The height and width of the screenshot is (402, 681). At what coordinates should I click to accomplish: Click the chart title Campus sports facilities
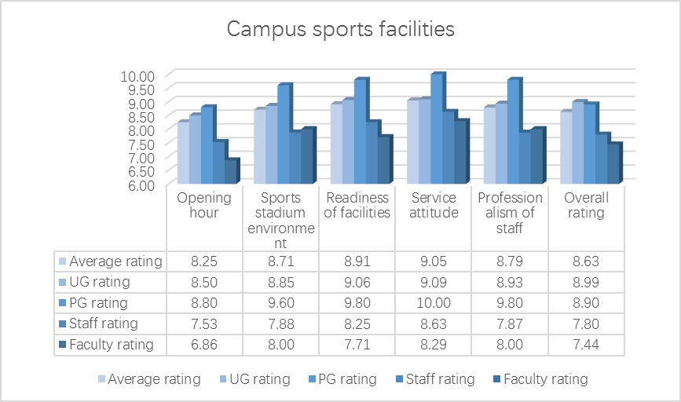[340, 29]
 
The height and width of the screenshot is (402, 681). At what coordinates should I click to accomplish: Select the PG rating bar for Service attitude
[436, 130]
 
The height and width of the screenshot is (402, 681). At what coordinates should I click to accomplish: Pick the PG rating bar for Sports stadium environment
[283, 135]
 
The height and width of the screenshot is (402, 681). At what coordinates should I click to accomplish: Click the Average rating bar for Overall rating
[565, 148]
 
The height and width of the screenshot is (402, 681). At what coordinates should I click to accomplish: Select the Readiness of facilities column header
[358, 206]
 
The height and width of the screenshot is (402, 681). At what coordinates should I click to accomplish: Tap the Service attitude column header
[434, 206]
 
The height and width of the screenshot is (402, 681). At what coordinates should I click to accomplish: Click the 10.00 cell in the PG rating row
[434, 303]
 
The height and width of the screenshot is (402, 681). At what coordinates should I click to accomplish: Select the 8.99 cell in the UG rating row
[584, 282]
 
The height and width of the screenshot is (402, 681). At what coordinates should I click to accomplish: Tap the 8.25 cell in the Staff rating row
[358, 323]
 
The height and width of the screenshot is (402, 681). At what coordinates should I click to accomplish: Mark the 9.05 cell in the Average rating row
[434, 261]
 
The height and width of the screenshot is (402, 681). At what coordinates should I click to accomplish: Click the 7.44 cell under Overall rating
[584, 344]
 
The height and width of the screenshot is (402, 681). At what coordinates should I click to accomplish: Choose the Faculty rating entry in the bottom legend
[545, 379]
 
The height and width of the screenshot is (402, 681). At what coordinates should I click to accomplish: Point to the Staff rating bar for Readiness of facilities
[372, 153]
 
